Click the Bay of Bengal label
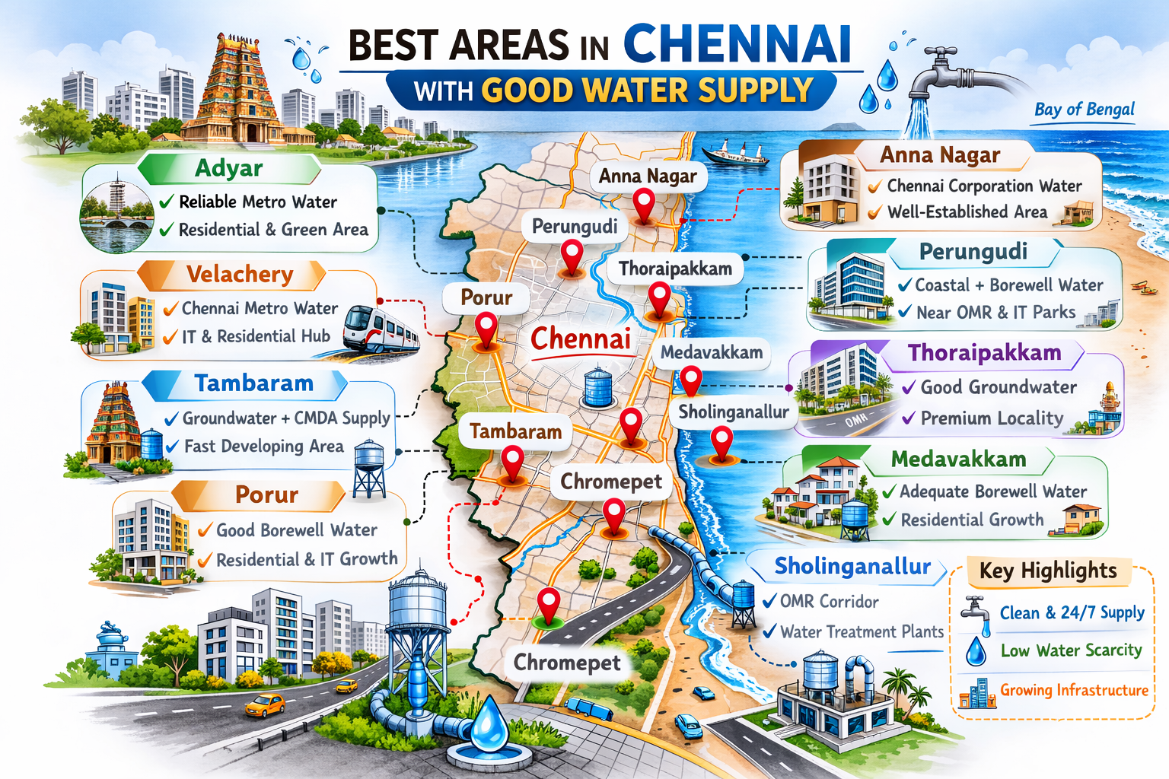tap(1084, 110)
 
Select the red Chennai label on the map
tap(581, 339)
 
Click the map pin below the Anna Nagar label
tap(644, 205)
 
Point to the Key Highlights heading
tap(1048, 571)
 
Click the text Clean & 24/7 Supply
tap(1072, 612)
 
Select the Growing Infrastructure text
tap(1073, 690)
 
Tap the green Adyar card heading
tap(228, 168)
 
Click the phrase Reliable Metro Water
tap(257, 202)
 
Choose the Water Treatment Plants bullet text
tap(862, 631)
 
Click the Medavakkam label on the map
tap(711, 352)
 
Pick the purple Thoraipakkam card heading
tap(984, 353)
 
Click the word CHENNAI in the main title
tap(736, 45)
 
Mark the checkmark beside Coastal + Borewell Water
tap(905, 285)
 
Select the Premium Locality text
tap(992, 418)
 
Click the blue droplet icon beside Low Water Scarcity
tap(976, 651)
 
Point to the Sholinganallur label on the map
tap(733, 412)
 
